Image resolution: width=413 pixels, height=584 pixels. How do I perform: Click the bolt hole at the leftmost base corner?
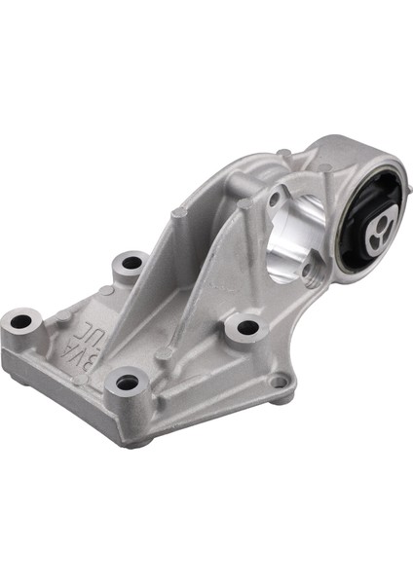point(24,318)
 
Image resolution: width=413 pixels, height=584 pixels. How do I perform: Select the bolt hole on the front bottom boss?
point(127,383)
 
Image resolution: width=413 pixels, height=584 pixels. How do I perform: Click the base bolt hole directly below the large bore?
point(245,328)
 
